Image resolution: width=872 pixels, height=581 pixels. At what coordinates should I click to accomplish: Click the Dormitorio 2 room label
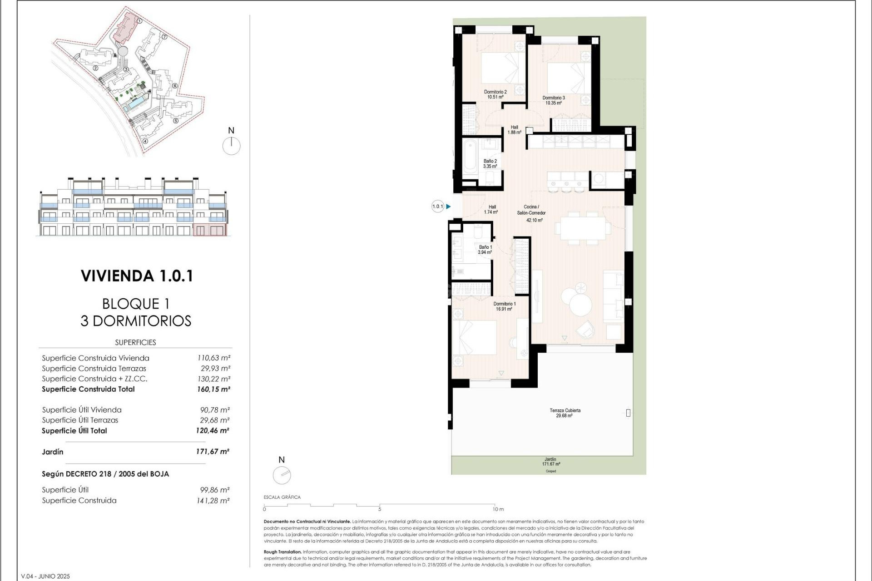point(495,94)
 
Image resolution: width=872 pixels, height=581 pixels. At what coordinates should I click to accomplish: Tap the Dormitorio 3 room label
point(554,100)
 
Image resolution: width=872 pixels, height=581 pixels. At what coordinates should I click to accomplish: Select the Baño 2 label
point(490,164)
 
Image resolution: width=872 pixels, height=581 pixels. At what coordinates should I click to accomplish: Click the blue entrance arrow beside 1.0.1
point(448,207)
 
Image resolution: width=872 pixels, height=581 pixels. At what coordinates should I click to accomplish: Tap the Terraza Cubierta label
point(565,413)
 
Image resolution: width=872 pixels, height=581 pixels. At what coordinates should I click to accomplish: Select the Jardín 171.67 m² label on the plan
point(550,462)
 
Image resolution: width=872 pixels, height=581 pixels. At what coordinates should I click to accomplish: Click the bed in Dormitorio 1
point(475,338)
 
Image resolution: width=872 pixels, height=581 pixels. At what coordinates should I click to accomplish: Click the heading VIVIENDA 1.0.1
point(137,276)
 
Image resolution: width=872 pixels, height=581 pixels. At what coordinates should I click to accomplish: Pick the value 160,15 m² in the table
point(213,389)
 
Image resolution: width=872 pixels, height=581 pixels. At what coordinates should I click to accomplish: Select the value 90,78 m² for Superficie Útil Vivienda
point(215,410)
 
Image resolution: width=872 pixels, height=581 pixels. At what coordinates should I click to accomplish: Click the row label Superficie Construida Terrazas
point(94,369)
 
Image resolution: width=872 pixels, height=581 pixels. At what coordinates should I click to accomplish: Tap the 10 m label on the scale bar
point(498,509)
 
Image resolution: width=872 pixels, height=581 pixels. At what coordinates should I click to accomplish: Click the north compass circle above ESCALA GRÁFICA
point(282,475)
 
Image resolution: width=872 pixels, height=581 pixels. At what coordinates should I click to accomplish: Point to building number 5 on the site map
point(176,121)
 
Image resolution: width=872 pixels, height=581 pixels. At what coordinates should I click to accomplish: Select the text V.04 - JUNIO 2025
point(45,576)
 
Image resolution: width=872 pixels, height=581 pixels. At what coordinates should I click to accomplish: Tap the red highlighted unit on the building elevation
point(209,230)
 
